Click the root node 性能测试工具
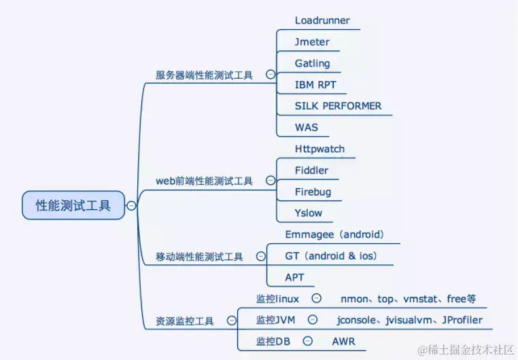(73, 205)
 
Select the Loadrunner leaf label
(322, 20)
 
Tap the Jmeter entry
(312, 42)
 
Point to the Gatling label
(312, 64)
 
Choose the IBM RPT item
(315, 85)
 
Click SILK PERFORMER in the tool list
(338, 106)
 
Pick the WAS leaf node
(306, 127)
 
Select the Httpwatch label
(320, 149)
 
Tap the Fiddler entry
(311, 170)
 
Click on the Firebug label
(313, 192)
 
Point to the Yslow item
(309, 213)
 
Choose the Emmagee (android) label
(334, 235)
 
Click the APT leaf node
(295, 277)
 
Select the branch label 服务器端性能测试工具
(204, 75)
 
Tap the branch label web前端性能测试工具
(204, 181)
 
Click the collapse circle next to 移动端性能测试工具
(260, 257)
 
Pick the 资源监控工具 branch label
(185, 321)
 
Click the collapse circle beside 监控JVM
(312, 319)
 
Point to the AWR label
(343, 341)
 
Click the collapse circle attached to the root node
(131, 206)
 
